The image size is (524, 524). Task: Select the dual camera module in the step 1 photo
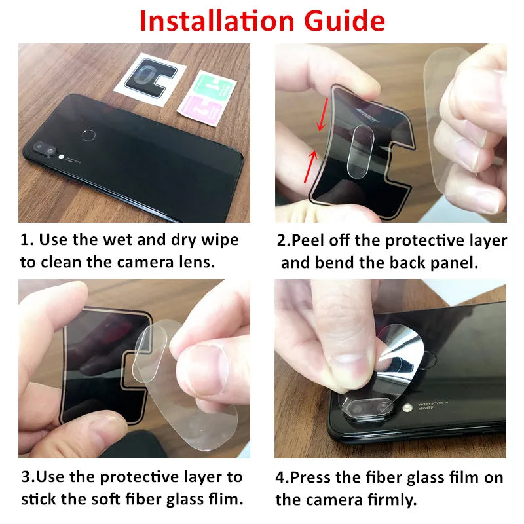click(45, 149)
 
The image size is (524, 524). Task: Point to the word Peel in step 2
click(308, 240)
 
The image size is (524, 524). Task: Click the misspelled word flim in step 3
click(223, 499)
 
